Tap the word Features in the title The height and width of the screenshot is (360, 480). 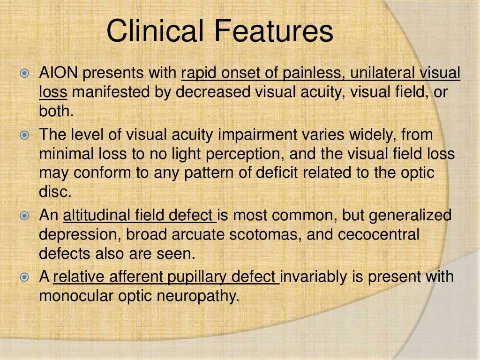[274, 31]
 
